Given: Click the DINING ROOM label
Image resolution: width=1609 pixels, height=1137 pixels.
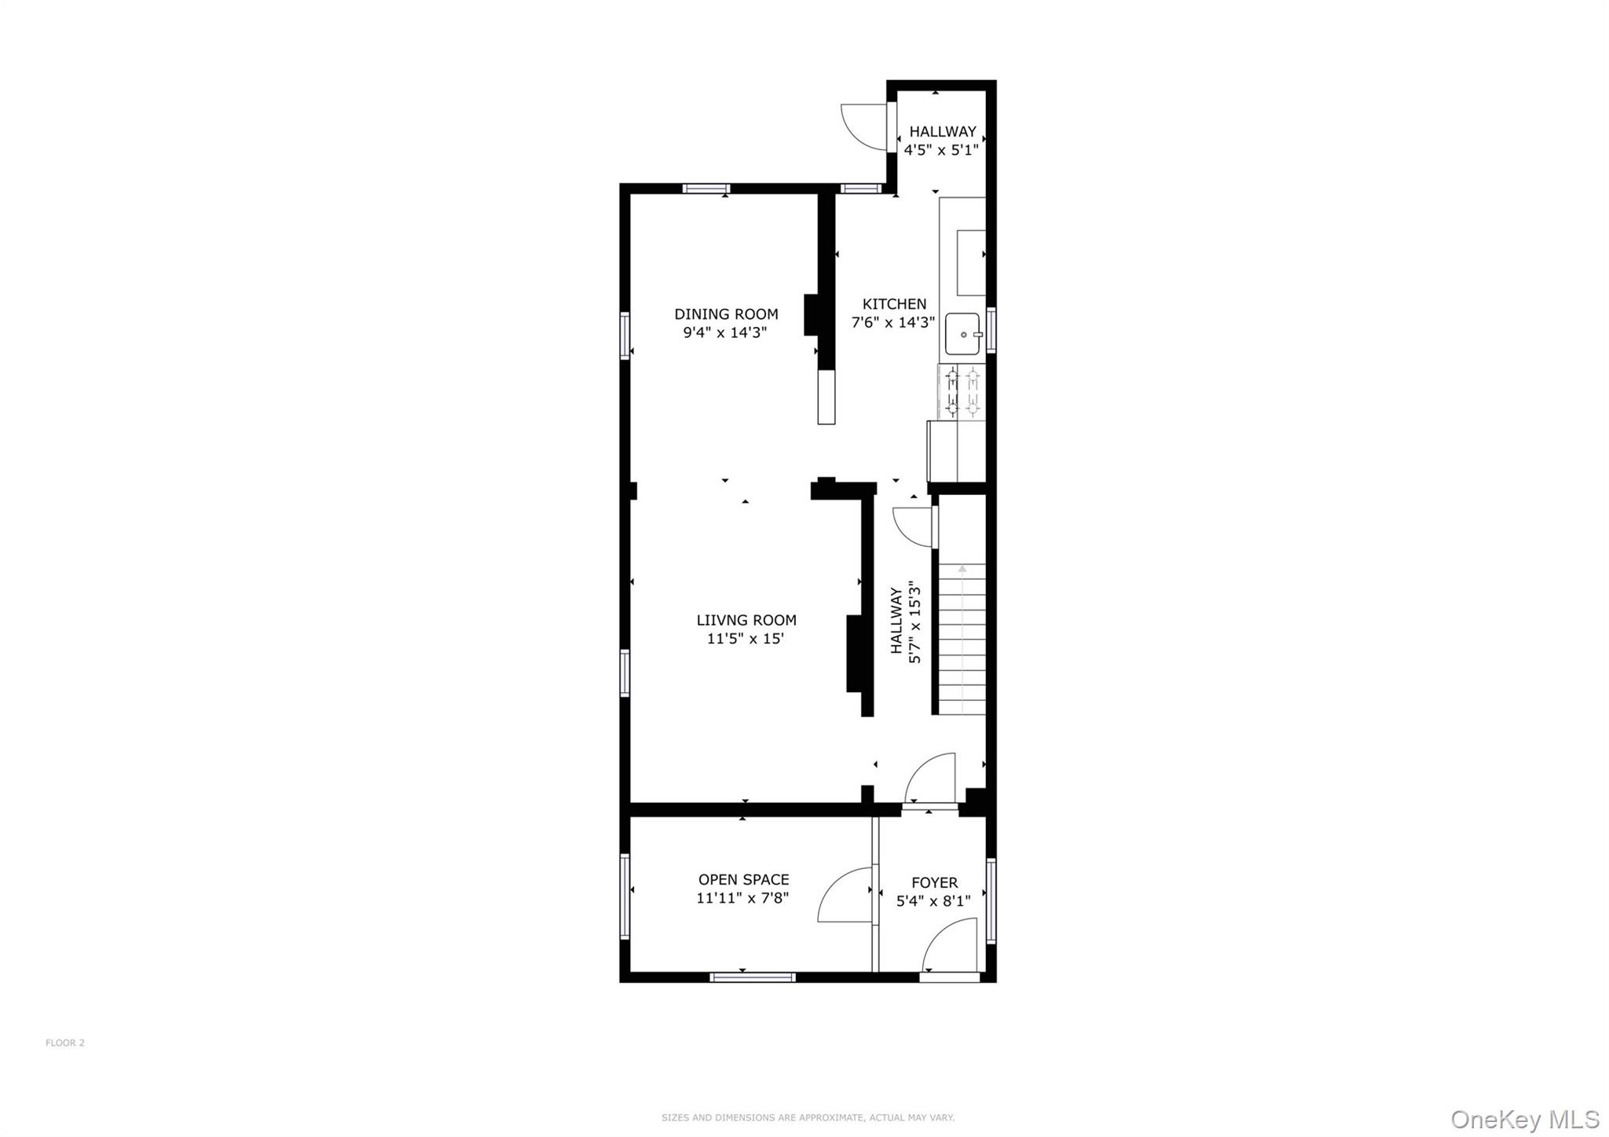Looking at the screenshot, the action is click(x=726, y=314).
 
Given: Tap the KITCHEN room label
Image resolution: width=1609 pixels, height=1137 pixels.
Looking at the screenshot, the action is click(x=894, y=304).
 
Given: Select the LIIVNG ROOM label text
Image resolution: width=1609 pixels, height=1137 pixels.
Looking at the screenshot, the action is click(x=746, y=620).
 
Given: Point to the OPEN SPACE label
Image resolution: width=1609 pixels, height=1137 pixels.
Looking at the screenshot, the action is click(x=743, y=879).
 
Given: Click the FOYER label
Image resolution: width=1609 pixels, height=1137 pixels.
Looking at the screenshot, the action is click(x=934, y=882).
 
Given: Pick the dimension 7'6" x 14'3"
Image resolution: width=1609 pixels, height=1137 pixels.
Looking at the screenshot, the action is click(x=893, y=322).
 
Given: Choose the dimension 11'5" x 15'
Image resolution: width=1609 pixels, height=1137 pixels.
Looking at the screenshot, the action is click(x=746, y=638).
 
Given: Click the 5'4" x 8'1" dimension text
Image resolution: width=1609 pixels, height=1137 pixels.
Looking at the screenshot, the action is click(x=933, y=900).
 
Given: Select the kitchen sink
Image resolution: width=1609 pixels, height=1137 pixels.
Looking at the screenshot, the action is click(x=962, y=334).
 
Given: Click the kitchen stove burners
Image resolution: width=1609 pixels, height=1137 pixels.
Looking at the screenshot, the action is click(x=962, y=391).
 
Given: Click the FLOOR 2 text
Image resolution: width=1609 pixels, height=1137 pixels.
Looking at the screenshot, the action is click(x=65, y=1043).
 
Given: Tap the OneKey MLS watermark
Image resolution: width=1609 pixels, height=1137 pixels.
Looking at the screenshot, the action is click(x=1525, y=1119).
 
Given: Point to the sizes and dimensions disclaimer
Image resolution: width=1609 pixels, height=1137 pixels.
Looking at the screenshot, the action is click(x=808, y=1117).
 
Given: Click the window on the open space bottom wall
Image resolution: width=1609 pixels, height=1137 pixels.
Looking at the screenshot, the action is click(x=752, y=977).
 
